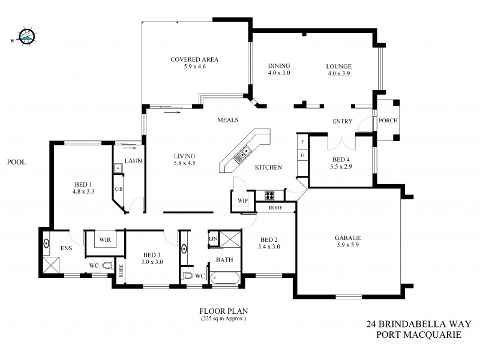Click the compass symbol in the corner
tap(25, 37)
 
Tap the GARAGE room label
tap(347, 238)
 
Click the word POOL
tap(16, 162)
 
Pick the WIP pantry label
tap(242, 200)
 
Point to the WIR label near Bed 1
tap(105, 240)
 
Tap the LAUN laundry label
tap(133, 160)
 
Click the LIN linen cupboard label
tap(212, 239)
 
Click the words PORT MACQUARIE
tap(413, 334)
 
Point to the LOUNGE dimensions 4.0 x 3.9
tap(338, 73)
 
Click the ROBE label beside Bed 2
tap(275, 208)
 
